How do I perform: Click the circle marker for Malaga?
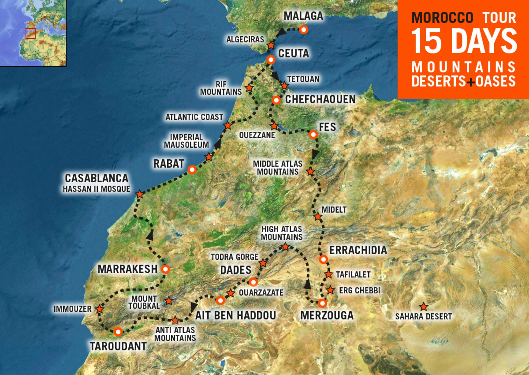303,30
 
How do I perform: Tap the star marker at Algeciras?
271,45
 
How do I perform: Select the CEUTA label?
293,53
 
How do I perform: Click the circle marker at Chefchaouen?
276,100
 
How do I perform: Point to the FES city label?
327,127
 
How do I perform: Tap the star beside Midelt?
318,217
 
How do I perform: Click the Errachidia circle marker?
323,259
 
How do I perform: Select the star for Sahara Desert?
423,307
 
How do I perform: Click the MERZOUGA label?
327,315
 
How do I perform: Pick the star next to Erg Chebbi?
330,290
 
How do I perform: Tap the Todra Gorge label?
234,257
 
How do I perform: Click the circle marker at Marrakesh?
165,269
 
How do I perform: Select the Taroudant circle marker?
118,332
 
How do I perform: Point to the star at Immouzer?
99,309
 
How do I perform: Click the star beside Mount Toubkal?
169,301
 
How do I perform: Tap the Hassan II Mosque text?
96,189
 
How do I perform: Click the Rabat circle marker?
192,169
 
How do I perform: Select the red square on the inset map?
31,33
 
